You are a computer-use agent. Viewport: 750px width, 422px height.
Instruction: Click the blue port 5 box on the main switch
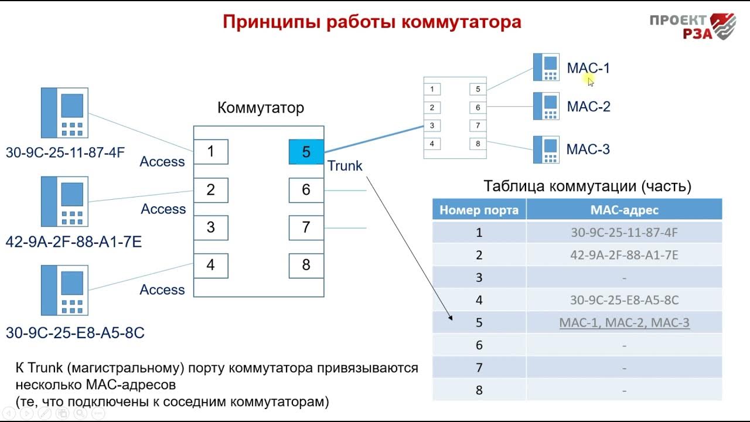pos(306,152)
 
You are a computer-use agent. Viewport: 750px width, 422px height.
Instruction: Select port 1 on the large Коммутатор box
pos(210,152)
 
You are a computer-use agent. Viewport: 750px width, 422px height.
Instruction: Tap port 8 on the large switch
pos(306,266)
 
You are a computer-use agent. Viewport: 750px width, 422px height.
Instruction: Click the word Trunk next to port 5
pos(345,166)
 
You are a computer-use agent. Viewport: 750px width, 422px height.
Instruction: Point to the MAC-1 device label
pos(588,68)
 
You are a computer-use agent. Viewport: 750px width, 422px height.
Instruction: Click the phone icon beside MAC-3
pos(546,149)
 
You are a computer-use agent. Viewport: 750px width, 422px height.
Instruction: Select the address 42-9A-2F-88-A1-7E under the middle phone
pos(74,241)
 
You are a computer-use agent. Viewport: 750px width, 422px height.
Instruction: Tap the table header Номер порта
pos(479,210)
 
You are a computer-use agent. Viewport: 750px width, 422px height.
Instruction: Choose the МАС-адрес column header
pos(624,210)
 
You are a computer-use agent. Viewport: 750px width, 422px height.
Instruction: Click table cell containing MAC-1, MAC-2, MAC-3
pos(624,322)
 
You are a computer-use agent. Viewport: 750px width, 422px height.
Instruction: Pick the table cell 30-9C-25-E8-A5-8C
pos(624,300)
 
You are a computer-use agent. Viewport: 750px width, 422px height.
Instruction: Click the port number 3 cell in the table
pos(479,277)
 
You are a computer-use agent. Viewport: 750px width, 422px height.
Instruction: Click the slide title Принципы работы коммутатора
pos(371,22)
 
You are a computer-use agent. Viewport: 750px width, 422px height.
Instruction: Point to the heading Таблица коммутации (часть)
pos(588,186)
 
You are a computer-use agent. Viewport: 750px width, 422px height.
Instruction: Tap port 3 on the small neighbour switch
pos(432,125)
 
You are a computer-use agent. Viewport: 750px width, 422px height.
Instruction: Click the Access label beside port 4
pos(162,290)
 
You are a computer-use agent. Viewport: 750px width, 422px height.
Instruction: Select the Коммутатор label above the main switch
pos(261,108)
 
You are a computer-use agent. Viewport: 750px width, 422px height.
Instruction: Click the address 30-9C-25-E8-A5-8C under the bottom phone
pos(75,333)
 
